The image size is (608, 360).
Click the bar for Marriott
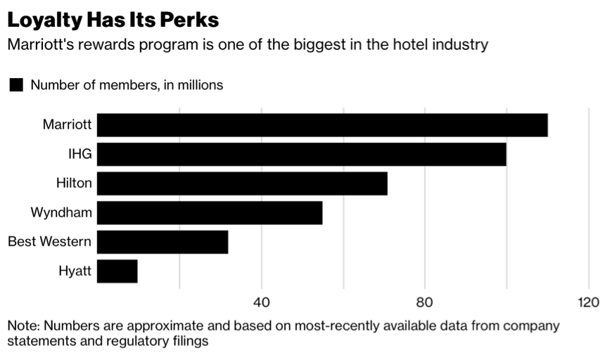click(x=322, y=125)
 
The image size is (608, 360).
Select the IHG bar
click(x=301, y=154)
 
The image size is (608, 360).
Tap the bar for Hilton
click(x=242, y=184)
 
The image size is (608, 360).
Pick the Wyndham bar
click(x=210, y=212)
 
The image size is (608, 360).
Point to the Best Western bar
click(x=163, y=242)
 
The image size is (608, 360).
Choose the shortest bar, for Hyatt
click(x=118, y=271)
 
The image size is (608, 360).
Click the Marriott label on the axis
click(x=67, y=125)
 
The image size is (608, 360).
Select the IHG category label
click(x=80, y=154)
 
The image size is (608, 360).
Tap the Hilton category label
click(x=74, y=184)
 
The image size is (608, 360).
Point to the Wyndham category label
click(x=61, y=212)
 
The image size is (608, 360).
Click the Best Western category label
click(x=49, y=242)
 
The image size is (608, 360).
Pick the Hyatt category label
click(x=75, y=271)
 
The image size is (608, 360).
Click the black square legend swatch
click(x=15, y=85)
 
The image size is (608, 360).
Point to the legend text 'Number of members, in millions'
click(x=127, y=85)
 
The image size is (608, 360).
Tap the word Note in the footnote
click(x=24, y=326)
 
